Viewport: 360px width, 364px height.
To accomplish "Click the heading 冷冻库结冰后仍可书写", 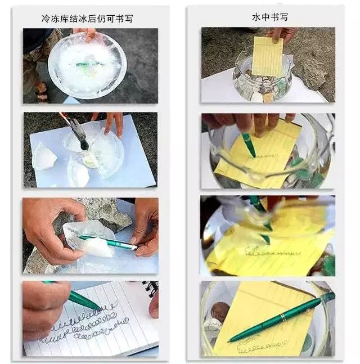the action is (x=87, y=19).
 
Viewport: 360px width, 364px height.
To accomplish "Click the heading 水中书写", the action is (x=269, y=17).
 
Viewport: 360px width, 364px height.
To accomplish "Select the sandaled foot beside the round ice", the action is (x=42, y=91).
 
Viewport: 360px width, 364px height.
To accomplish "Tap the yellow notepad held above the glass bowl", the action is (x=267, y=56).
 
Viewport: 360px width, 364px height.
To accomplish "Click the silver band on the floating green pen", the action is (x=282, y=317).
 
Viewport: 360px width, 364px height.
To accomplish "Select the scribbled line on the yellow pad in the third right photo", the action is (x=272, y=252).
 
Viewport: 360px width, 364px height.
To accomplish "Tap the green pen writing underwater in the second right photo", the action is (x=249, y=145).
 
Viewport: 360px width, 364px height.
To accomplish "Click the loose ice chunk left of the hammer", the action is (x=45, y=156).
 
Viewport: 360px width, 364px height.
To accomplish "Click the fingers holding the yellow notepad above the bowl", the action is (x=281, y=35).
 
